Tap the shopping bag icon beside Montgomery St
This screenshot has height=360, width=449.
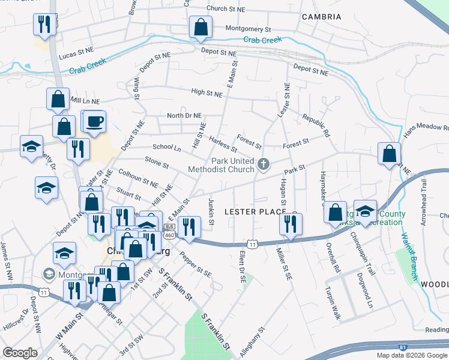pyautogui.click(x=200, y=27)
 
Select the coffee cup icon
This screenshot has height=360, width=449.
pyautogui.click(x=94, y=121)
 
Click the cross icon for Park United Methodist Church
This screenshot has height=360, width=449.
pyautogui.click(x=263, y=163)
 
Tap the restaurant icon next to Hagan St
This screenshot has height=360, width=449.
pyautogui.click(x=291, y=224)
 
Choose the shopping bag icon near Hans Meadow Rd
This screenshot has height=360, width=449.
pyautogui.click(x=389, y=154)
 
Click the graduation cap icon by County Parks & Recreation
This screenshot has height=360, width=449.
pyautogui.click(x=365, y=211)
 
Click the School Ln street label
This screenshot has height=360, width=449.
pyautogui.click(x=166, y=147)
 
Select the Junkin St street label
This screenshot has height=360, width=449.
pyautogui.click(x=211, y=211)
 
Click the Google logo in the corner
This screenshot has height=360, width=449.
pyautogui.click(x=20, y=352)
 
